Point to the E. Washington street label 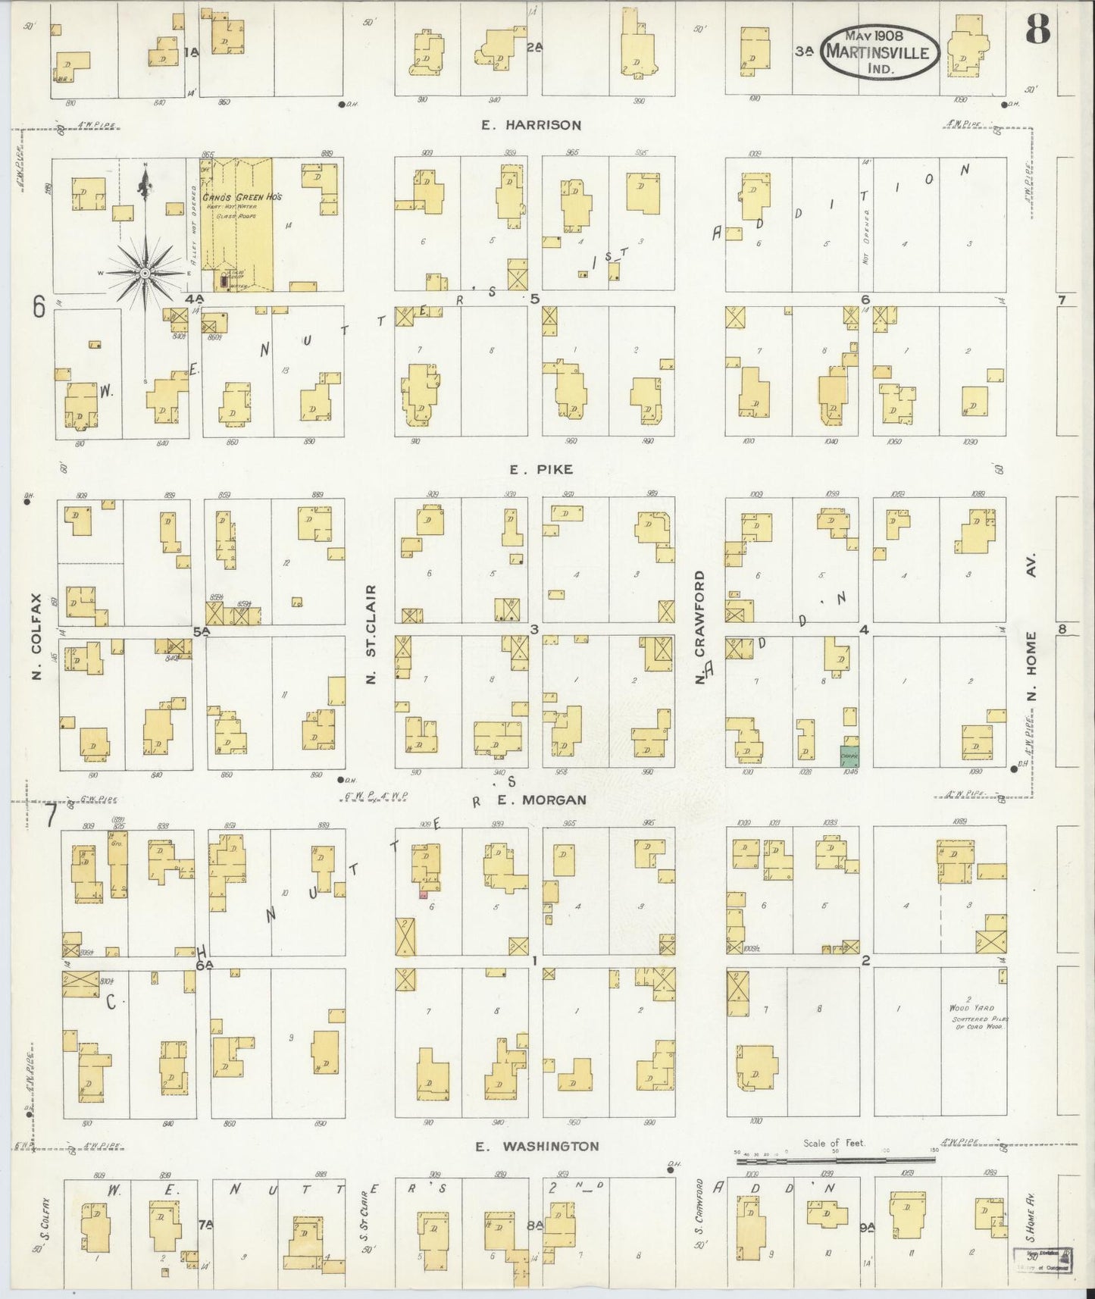(537, 1147)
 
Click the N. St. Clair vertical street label (371, 634)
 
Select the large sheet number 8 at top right (1037, 30)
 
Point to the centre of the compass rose (145, 272)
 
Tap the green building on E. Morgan (849, 756)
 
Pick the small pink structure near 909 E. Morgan (424, 894)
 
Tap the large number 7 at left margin (50, 816)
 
